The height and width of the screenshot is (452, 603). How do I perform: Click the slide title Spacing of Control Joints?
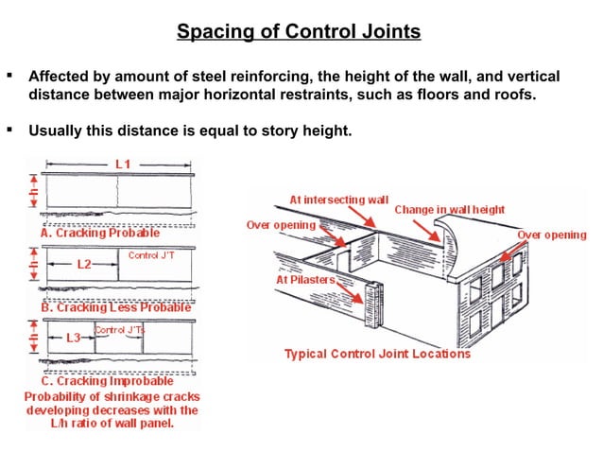pos(299,33)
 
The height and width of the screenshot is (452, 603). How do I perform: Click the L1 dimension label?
pos(123,165)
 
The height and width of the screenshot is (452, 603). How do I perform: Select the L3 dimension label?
pos(74,335)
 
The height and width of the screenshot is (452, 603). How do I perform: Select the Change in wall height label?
pos(449,209)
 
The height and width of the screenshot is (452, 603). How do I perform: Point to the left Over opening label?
pos(281,226)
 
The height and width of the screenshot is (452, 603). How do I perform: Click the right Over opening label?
pos(552,235)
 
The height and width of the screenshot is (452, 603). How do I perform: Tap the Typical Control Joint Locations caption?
pos(377,354)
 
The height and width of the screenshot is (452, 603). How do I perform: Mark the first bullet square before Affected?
pos(9,75)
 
